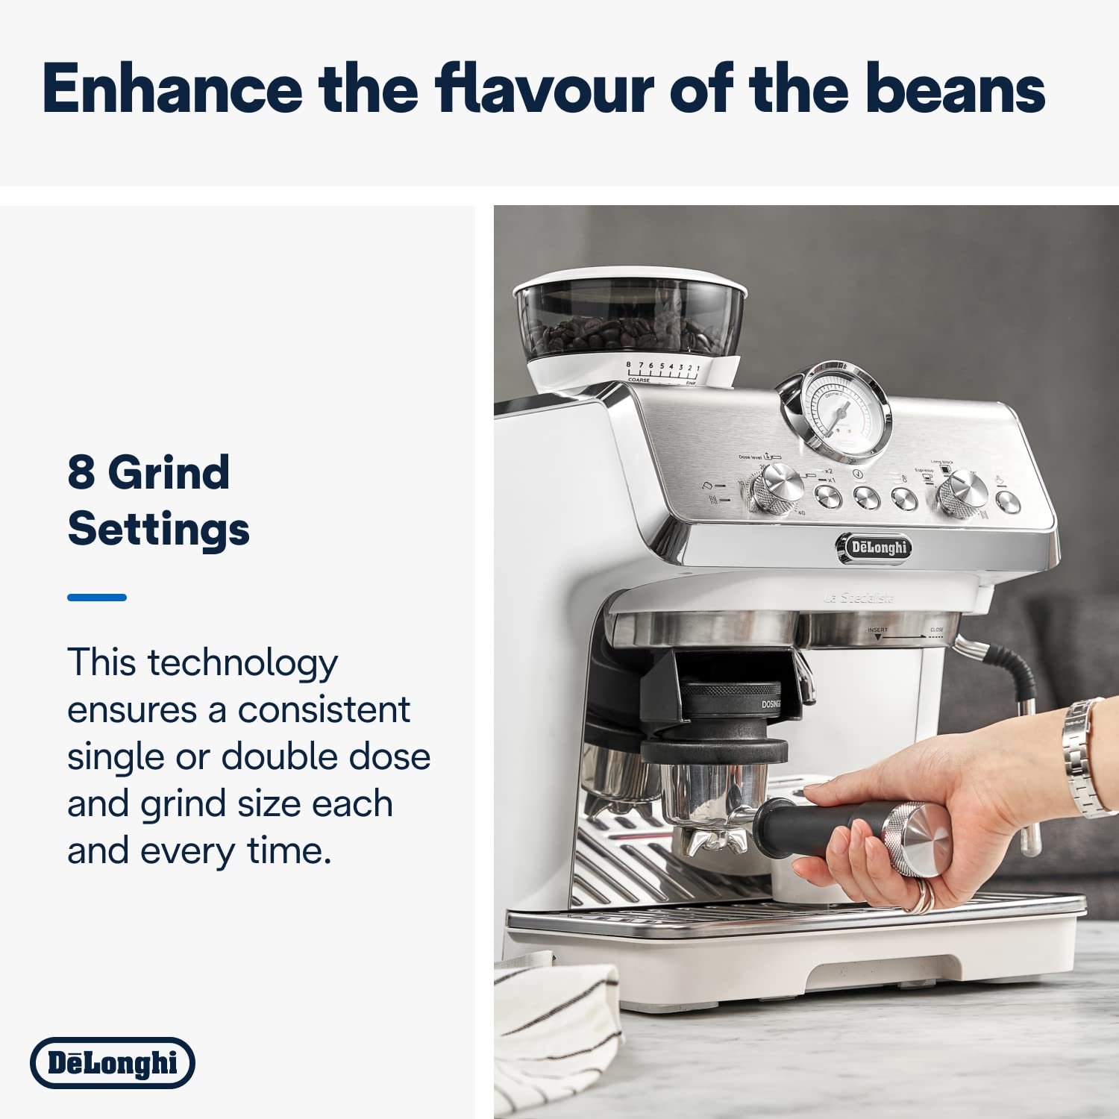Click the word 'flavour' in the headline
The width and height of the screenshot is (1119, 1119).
(x=544, y=89)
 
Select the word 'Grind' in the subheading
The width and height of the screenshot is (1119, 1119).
(x=169, y=474)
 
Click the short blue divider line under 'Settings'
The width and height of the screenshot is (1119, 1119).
(x=97, y=597)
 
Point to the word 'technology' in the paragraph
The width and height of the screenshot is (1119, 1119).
(x=242, y=663)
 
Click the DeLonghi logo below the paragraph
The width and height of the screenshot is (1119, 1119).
(x=113, y=1062)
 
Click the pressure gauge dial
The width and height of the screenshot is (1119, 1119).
(x=841, y=411)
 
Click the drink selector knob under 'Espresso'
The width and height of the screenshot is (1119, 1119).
(x=962, y=492)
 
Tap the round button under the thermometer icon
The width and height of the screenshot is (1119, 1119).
(x=905, y=498)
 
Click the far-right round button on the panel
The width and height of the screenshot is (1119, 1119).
(x=1008, y=501)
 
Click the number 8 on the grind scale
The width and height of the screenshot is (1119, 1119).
(x=628, y=365)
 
